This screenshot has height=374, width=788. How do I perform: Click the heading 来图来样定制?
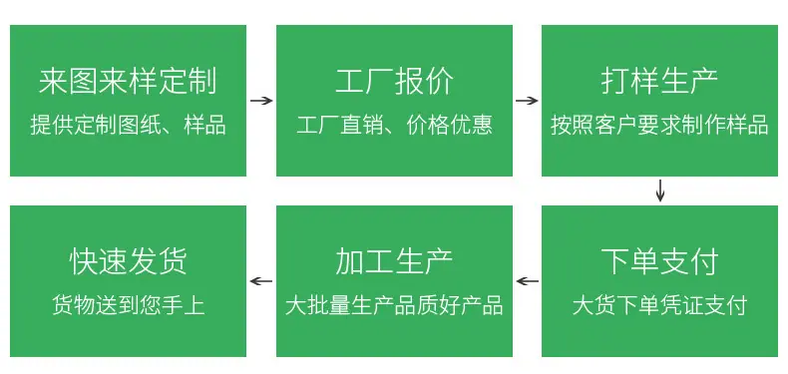tap(128, 82)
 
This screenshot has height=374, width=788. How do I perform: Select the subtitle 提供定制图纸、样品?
tap(128, 125)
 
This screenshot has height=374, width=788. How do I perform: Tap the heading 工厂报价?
tap(394, 82)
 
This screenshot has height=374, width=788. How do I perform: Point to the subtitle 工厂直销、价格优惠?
tap(394, 125)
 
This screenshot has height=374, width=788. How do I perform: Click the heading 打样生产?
tap(659, 82)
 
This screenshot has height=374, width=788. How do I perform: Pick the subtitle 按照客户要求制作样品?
tap(659, 125)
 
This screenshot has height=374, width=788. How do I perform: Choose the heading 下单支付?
tap(659, 262)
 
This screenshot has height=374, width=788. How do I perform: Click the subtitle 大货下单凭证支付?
tap(659, 305)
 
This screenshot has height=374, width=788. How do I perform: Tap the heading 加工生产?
tap(394, 262)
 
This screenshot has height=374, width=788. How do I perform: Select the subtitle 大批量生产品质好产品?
tap(394, 305)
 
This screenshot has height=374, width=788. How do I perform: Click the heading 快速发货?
tap(128, 262)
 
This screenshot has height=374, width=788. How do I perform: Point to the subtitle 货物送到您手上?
tap(128, 305)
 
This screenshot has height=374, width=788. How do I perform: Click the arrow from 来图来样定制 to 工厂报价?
tap(261, 101)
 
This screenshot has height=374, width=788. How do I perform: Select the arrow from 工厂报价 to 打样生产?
tap(527, 101)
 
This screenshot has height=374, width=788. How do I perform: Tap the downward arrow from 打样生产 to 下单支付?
tap(660, 190)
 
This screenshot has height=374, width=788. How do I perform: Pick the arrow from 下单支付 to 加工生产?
tap(527, 281)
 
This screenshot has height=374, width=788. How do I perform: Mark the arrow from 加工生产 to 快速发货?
tap(261, 281)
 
